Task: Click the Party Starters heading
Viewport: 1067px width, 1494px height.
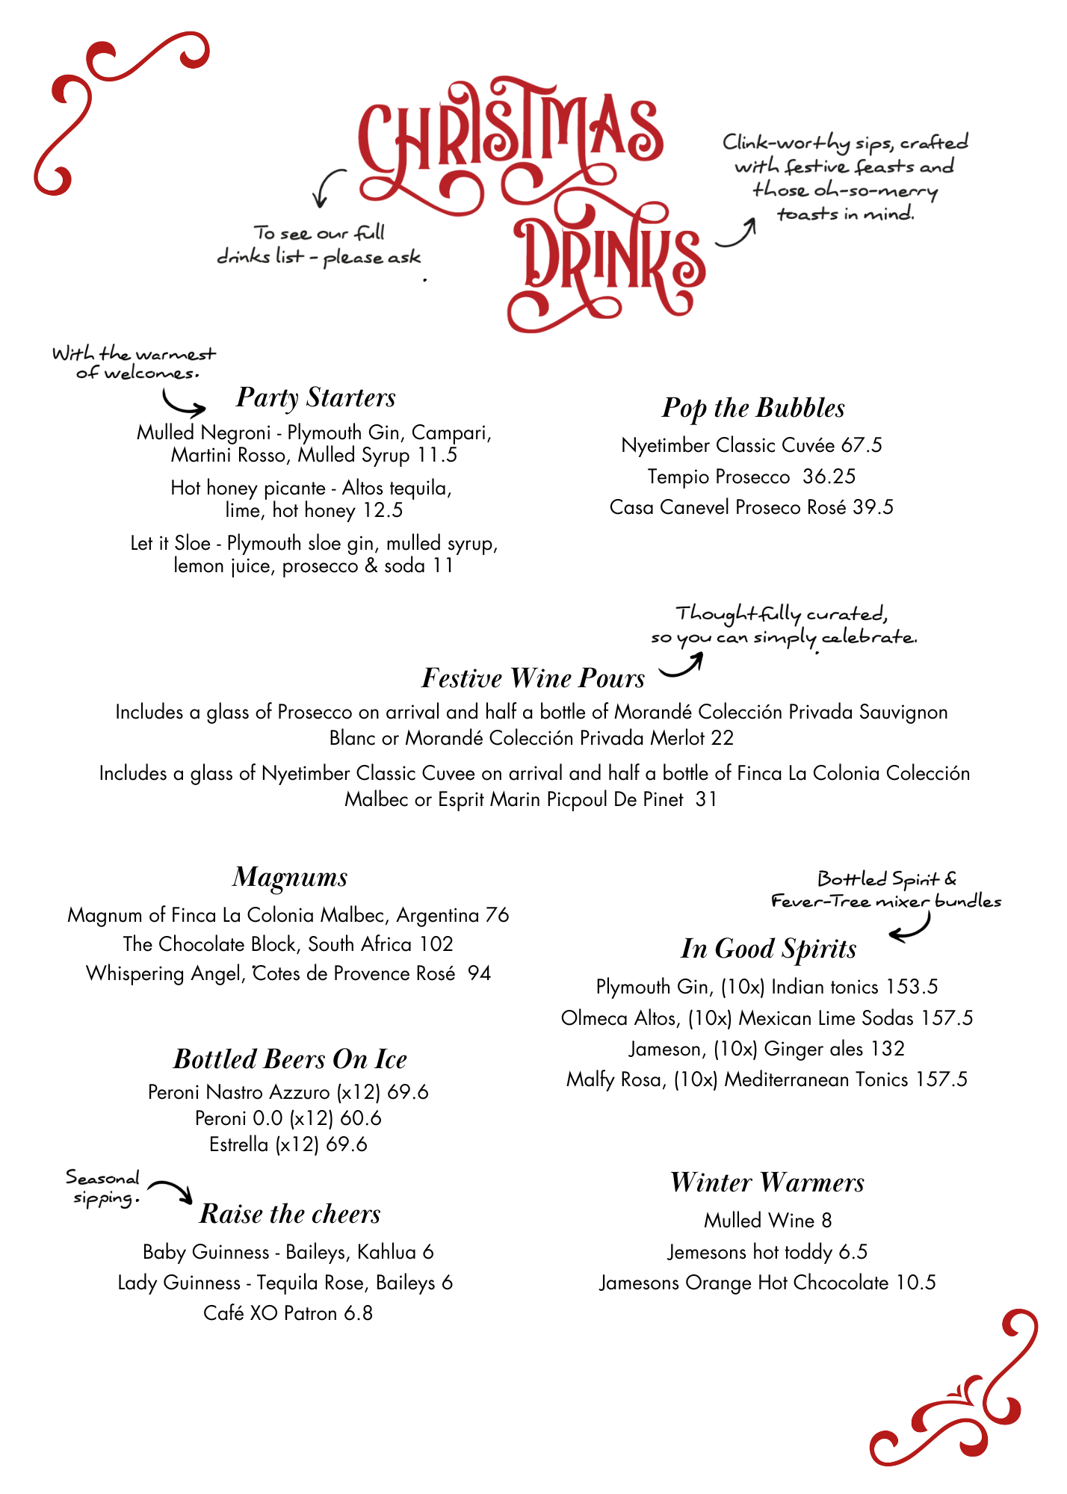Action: click(x=315, y=397)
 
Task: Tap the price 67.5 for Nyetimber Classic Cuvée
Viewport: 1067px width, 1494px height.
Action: click(x=862, y=445)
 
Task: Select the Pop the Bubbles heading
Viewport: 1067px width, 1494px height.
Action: click(x=753, y=408)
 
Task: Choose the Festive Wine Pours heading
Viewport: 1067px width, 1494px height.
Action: click(x=533, y=678)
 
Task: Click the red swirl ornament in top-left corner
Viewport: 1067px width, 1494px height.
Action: click(x=112, y=112)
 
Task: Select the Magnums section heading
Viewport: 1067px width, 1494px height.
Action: click(x=290, y=877)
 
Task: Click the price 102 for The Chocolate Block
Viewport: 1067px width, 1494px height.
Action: click(x=436, y=944)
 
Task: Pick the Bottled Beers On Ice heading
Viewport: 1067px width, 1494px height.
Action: click(x=290, y=1059)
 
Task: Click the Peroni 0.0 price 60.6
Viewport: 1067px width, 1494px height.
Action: click(x=361, y=1118)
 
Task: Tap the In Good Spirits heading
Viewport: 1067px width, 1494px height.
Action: click(x=768, y=949)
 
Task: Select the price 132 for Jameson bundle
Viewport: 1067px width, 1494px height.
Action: click(x=888, y=1049)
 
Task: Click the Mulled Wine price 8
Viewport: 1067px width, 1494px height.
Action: click(x=826, y=1221)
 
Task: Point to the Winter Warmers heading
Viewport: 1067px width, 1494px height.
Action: click(x=767, y=1183)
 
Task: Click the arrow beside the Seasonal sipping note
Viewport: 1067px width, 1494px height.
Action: click(x=171, y=1190)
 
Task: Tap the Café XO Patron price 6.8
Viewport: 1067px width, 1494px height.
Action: click(x=358, y=1313)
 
